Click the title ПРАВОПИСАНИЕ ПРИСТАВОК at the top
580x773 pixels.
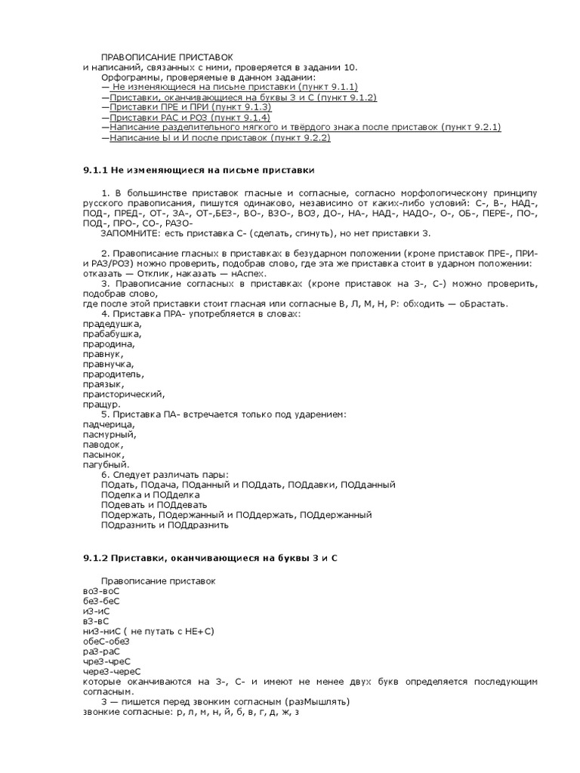coord(167,57)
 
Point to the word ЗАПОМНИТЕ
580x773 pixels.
coord(125,233)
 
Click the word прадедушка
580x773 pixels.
coord(111,323)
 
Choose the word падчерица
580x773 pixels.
coord(109,425)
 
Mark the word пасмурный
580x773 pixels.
coord(110,435)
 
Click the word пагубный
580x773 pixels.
coord(106,465)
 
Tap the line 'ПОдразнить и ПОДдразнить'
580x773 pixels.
coord(164,525)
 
